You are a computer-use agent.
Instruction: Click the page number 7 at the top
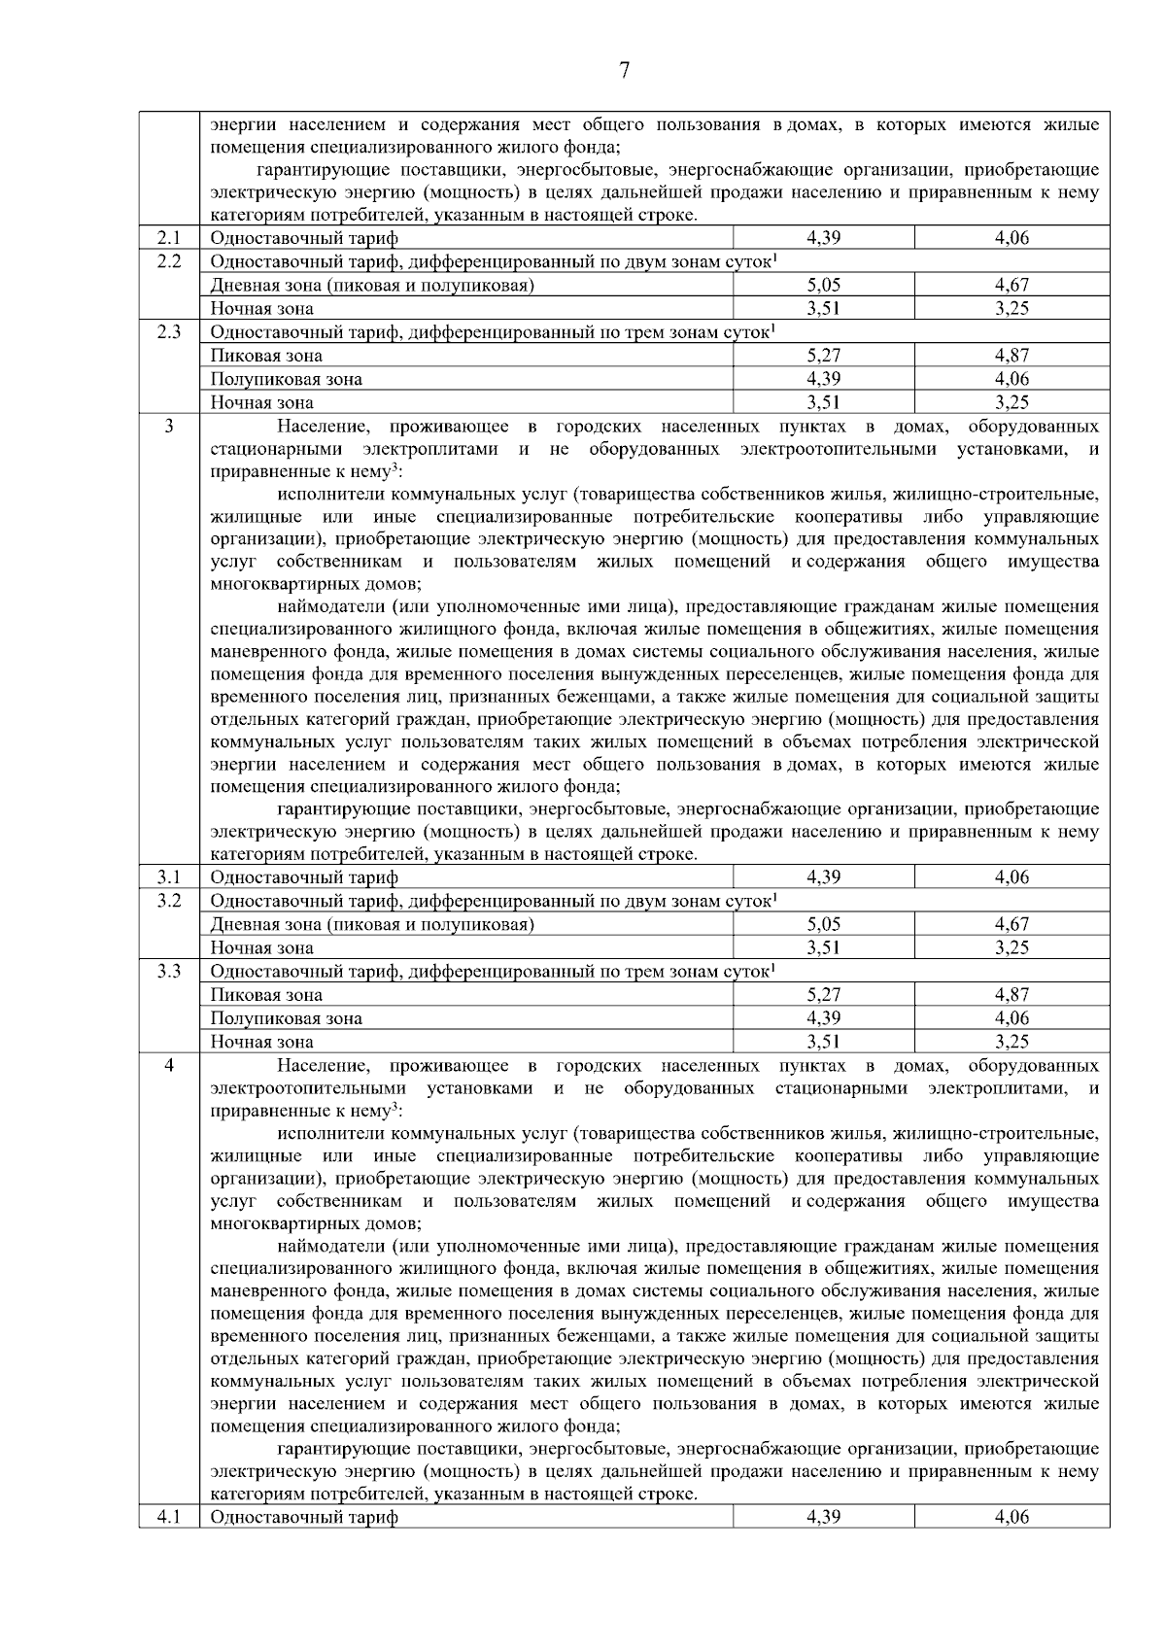624,71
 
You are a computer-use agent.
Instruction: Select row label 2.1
169,238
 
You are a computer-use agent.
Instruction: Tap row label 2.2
169,261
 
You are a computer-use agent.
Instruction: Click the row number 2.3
169,332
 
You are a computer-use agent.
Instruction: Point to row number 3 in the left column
169,427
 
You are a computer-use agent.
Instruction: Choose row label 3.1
169,877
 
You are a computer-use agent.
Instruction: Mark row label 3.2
169,901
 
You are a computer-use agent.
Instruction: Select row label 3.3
169,972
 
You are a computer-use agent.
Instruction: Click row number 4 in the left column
169,1066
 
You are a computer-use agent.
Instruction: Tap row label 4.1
169,1517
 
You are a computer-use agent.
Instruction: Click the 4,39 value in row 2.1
823,238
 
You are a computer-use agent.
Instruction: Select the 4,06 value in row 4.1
1012,1517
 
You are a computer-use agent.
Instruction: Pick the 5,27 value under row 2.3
823,356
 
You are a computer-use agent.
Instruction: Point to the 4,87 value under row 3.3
1012,995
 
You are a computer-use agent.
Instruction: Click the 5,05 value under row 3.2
823,924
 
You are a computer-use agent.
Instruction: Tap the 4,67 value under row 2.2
1012,285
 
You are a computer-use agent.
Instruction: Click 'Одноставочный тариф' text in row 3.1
304,877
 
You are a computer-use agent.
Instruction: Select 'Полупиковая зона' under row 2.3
287,379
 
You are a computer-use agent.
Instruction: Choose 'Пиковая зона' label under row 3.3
266,995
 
